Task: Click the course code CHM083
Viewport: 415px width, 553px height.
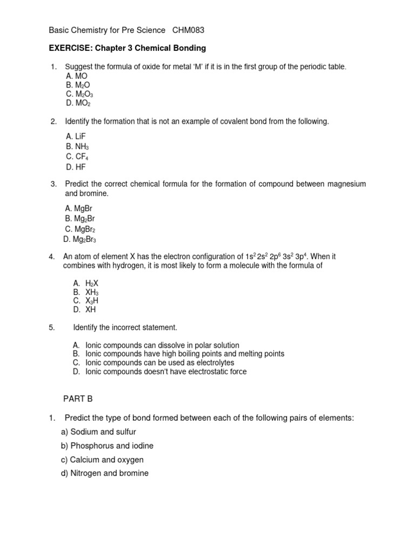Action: click(188, 31)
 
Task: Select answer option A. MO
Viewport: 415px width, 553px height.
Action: click(76, 76)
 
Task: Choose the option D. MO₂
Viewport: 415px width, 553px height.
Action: click(78, 103)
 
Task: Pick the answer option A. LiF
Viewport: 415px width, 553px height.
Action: click(76, 137)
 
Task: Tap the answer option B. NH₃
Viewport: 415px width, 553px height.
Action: click(77, 147)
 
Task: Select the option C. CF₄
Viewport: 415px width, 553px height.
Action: click(77, 157)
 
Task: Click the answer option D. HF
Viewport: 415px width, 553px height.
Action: click(76, 167)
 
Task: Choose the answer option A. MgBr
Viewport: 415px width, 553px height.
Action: click(80, 208)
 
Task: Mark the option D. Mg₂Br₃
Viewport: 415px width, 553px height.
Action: click(80, 239)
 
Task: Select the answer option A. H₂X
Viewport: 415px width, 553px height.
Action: click(85, 282)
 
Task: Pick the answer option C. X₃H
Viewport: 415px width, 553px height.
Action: click(85, 300)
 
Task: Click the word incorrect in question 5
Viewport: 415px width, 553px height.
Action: click(119, 327)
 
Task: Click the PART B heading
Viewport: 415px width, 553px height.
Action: click(78, 399)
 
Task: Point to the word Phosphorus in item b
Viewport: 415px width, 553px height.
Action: click(92, 446)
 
